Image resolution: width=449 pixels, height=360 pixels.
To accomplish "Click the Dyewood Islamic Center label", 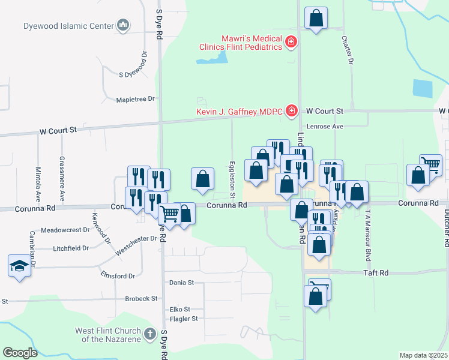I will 68,26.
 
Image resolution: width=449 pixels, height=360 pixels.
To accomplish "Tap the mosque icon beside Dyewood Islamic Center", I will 124,25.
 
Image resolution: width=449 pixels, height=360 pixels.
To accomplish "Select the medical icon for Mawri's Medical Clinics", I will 291,41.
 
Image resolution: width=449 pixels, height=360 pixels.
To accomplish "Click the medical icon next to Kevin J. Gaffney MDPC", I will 292,110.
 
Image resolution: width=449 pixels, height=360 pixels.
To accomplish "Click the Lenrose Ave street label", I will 325,127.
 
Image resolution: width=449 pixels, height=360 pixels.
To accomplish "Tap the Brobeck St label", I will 141,298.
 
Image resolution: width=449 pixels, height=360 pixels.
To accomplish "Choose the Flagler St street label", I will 184,319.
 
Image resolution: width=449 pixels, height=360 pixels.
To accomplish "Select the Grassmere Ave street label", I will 62,179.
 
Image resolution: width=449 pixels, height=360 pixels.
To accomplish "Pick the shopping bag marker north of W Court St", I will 316,19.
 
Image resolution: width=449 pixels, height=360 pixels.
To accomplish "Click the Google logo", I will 20,353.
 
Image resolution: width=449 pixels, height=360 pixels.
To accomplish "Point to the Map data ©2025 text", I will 423,355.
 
